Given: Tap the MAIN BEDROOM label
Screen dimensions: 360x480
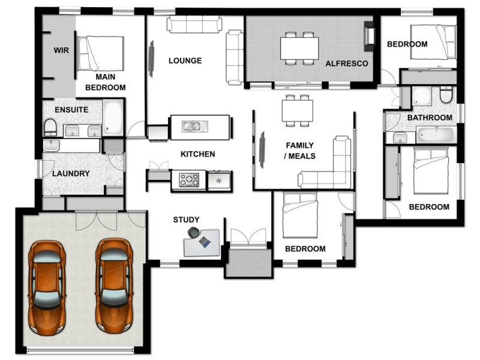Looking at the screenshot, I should (105, 82).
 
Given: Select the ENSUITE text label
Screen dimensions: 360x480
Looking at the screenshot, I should (71, 110).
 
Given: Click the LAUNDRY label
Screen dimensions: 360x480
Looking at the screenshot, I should (71, 174).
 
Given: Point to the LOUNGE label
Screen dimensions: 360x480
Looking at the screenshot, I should (185, 61).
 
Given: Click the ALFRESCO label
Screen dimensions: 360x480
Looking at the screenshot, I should (342, 63).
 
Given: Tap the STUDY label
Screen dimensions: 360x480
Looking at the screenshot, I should (186, 220).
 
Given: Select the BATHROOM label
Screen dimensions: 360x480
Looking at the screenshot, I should (430, 118).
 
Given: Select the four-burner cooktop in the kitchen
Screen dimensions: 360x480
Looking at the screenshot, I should (190, 179).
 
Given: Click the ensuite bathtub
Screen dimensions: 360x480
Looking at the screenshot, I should (113, 118).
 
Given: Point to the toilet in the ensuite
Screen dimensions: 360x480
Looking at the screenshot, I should (50, 127).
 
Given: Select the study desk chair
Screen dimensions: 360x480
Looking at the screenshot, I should (194, 232).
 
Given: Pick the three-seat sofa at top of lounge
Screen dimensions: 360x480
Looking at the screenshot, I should (194, 25).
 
